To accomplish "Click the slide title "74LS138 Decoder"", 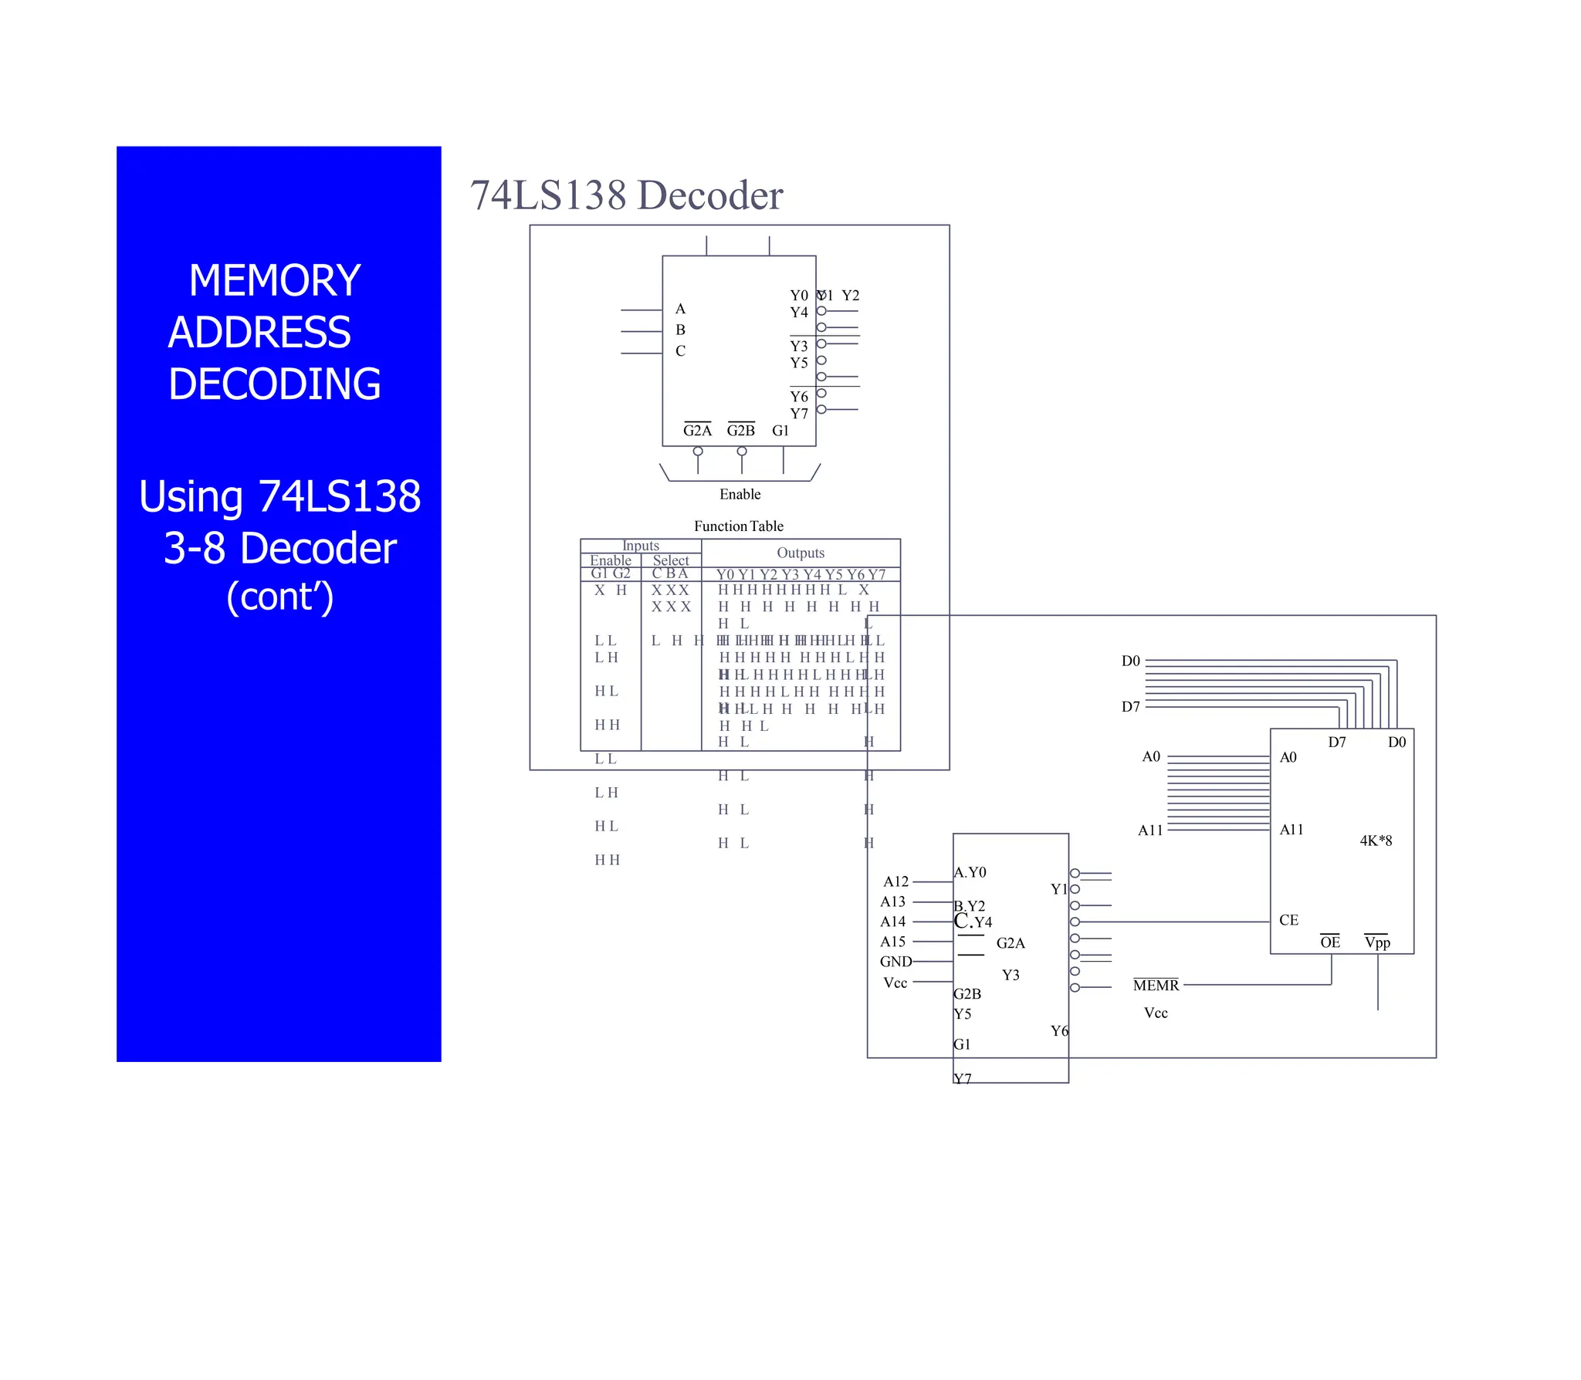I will coord(626,195).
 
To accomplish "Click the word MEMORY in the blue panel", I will coord(274,280).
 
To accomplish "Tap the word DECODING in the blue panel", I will coord(274,384).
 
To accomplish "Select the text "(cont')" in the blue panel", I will coord(279,597).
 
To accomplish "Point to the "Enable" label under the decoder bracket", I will coord(740,494).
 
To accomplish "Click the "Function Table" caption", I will coord(738,526).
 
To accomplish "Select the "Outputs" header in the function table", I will coord(801,553).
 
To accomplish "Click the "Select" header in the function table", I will coord(670,560).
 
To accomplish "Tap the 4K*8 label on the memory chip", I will coord(1376,841).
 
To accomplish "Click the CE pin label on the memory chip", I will coord(1288,920).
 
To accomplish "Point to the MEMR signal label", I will coord(1156,986).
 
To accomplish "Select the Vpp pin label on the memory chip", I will coord(1377,942).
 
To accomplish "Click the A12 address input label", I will coord(895,881).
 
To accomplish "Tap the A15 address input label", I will coord(893,942).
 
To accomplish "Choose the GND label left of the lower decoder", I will coord(895,962).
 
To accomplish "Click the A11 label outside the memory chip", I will coord(1150,830).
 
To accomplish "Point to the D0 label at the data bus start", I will coord(1130,661).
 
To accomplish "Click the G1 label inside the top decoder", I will coord(780,431).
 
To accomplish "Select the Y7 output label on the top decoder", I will coord(799,414).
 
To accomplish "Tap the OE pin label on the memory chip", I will coord(1329,942).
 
